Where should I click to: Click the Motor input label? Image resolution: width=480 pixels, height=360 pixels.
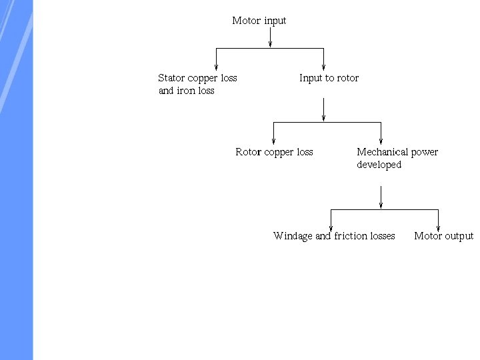[259, 21]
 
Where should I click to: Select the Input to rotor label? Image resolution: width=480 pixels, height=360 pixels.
[329, 78]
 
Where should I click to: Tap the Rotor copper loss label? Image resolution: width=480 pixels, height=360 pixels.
[274, 152]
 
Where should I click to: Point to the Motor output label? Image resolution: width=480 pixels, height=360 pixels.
[443, 236]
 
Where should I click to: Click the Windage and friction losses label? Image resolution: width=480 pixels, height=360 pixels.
[334, 236]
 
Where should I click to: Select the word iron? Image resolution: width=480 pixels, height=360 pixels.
[186, 91]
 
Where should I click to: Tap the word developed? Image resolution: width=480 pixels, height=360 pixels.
[379, 165]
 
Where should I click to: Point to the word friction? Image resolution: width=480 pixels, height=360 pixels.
[351, 236]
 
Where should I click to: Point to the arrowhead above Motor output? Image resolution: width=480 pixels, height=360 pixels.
[439, 227]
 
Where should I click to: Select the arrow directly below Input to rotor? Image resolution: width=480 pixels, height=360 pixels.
[323, 110]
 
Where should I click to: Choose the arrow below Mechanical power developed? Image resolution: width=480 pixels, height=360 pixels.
[381, 197]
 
